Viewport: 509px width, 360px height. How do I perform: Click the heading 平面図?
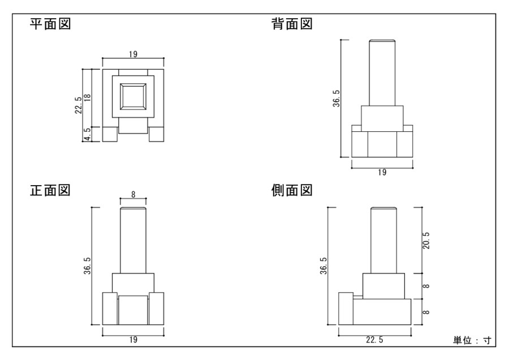[x=50, y=25]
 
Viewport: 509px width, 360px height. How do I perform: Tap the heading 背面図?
[x=292, y=25]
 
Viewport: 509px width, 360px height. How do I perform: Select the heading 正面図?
[x=50, y=190]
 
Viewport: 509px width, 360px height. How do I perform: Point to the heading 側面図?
[x=292, y=190]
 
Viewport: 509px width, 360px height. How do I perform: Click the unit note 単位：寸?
[x=472, y=340]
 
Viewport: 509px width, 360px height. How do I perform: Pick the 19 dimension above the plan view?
[x=133, y=54]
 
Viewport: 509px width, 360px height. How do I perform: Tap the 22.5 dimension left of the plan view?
[x=79, y=105]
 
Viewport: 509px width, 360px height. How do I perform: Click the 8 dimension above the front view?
[x=133, y=194]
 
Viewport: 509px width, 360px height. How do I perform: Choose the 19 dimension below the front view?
[x=133, y=340]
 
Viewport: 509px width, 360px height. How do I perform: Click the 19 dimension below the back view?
[x=382, y=173]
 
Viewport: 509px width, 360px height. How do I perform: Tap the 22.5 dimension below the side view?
[x=374, y=340]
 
